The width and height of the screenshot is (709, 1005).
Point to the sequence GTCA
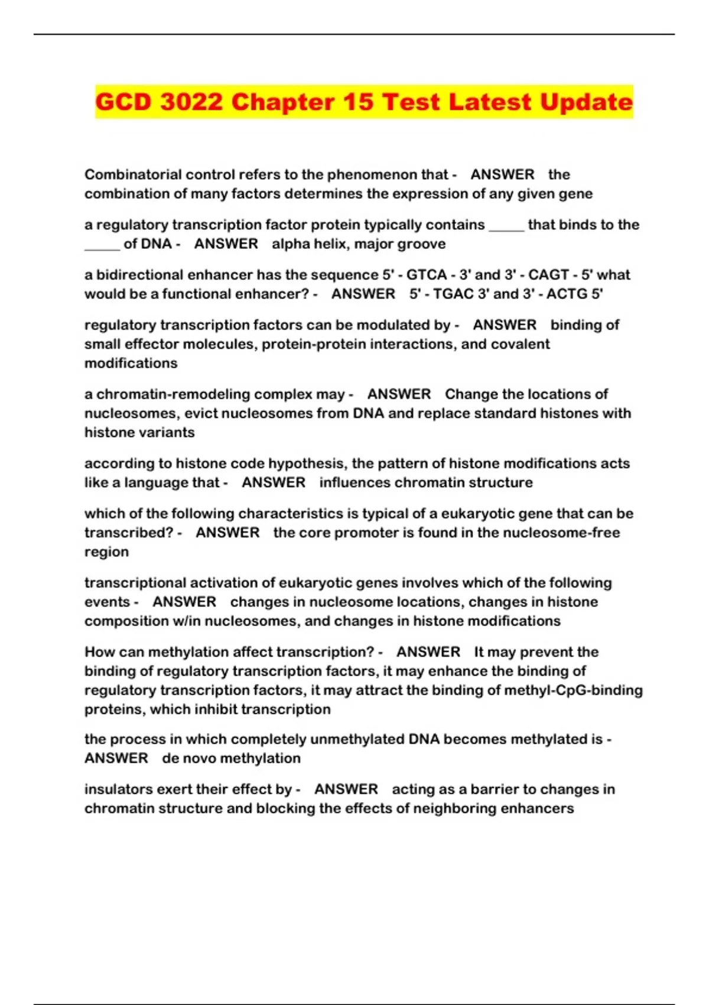pos(427,275)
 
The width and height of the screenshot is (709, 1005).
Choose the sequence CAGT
pos(548,275)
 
